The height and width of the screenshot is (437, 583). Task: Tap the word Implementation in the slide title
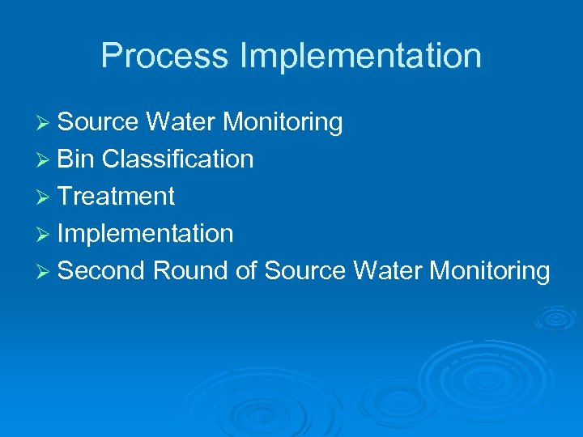coord(360,56)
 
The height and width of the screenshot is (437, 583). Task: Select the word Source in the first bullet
coord(99,122)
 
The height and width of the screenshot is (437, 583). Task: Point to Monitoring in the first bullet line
coord(283,123)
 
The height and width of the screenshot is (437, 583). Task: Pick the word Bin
coord(77,159)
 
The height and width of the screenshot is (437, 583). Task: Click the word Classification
coord(178,159)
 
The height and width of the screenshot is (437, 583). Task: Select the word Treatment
coord(117,197)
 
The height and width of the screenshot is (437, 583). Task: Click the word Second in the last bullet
coord(102,271)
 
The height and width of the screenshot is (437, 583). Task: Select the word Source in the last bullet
coord(305,271)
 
